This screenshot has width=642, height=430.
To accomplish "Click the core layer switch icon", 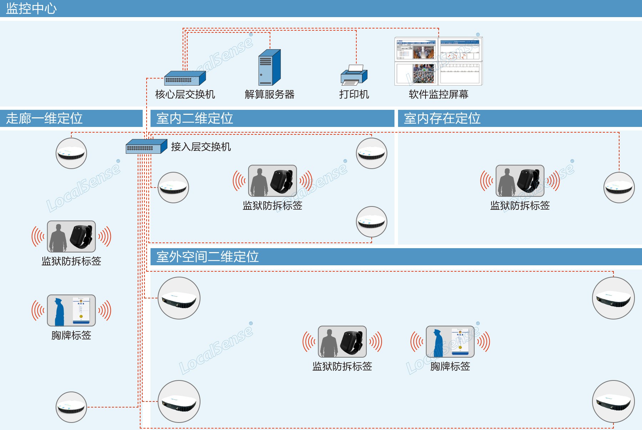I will pos(185,78).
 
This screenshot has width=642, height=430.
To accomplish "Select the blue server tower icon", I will pos(269,67).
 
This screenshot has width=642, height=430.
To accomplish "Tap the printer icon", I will pos(354,75).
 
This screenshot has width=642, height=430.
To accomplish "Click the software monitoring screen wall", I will pos(438,61).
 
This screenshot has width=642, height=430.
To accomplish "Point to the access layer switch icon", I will pos(146,146).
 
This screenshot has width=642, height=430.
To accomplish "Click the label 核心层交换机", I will pos(185,94).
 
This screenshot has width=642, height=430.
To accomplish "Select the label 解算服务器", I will pos(269,94).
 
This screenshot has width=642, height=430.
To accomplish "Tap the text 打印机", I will pos(354,94).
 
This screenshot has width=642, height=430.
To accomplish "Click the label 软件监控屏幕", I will pos(438,94).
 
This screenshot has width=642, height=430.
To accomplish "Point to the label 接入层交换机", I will pos(201,147).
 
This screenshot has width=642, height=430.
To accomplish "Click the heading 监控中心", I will pos(31,9).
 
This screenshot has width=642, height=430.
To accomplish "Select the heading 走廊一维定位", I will pos(44,118).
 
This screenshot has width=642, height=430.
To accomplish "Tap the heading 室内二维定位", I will pos(195,118).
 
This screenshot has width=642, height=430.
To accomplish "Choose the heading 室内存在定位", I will pos(442,118).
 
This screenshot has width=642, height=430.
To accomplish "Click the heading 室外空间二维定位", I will pos(208,257).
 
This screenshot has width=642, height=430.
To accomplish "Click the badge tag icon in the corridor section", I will pos(71,310).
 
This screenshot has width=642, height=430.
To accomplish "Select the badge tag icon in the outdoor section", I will pos(450,342).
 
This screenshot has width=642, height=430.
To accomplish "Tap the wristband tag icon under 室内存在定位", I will pos(520,181).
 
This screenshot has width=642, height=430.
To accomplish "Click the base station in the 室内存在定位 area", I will pos(619,188).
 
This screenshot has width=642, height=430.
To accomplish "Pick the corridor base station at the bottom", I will pos(71,407).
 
